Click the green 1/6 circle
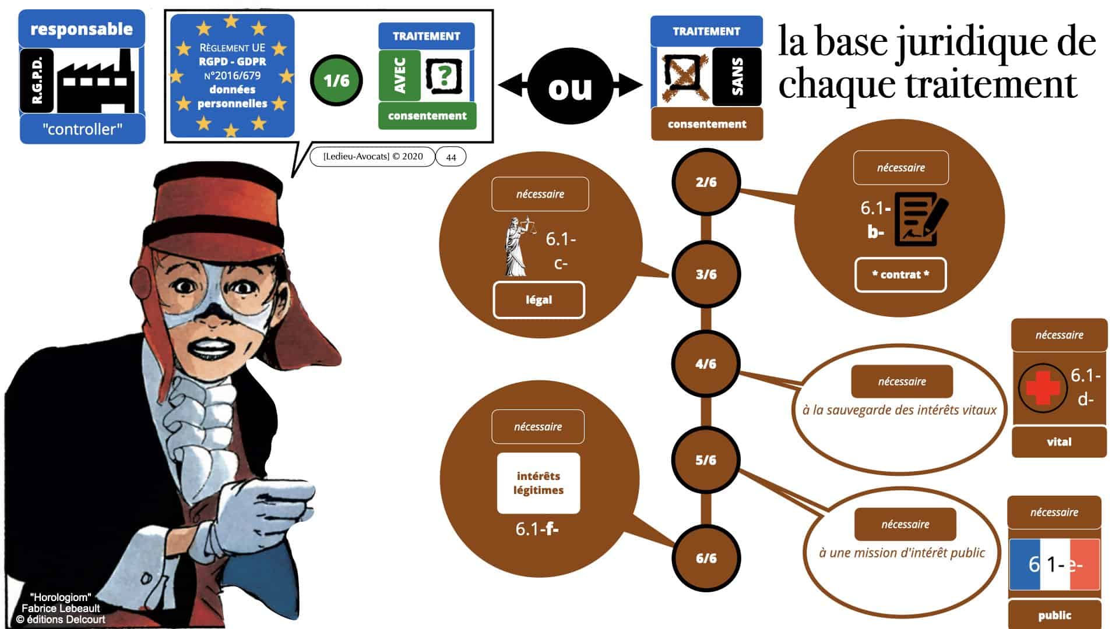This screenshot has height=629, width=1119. [336, 80]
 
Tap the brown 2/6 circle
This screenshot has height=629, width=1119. [706, 182]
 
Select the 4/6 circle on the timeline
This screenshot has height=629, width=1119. [706, 364]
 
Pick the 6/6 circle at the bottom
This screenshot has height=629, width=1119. [706, 558]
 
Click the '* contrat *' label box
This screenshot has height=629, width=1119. [900, 275]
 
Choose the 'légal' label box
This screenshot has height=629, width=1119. [539, 300]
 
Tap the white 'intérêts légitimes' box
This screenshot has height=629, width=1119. [539, 483]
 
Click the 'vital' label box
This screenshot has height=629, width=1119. [1059, 442]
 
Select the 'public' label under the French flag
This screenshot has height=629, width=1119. [1054, 615]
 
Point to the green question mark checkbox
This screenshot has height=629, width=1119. [445, 76]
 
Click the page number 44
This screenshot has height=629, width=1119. [451, 157]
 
